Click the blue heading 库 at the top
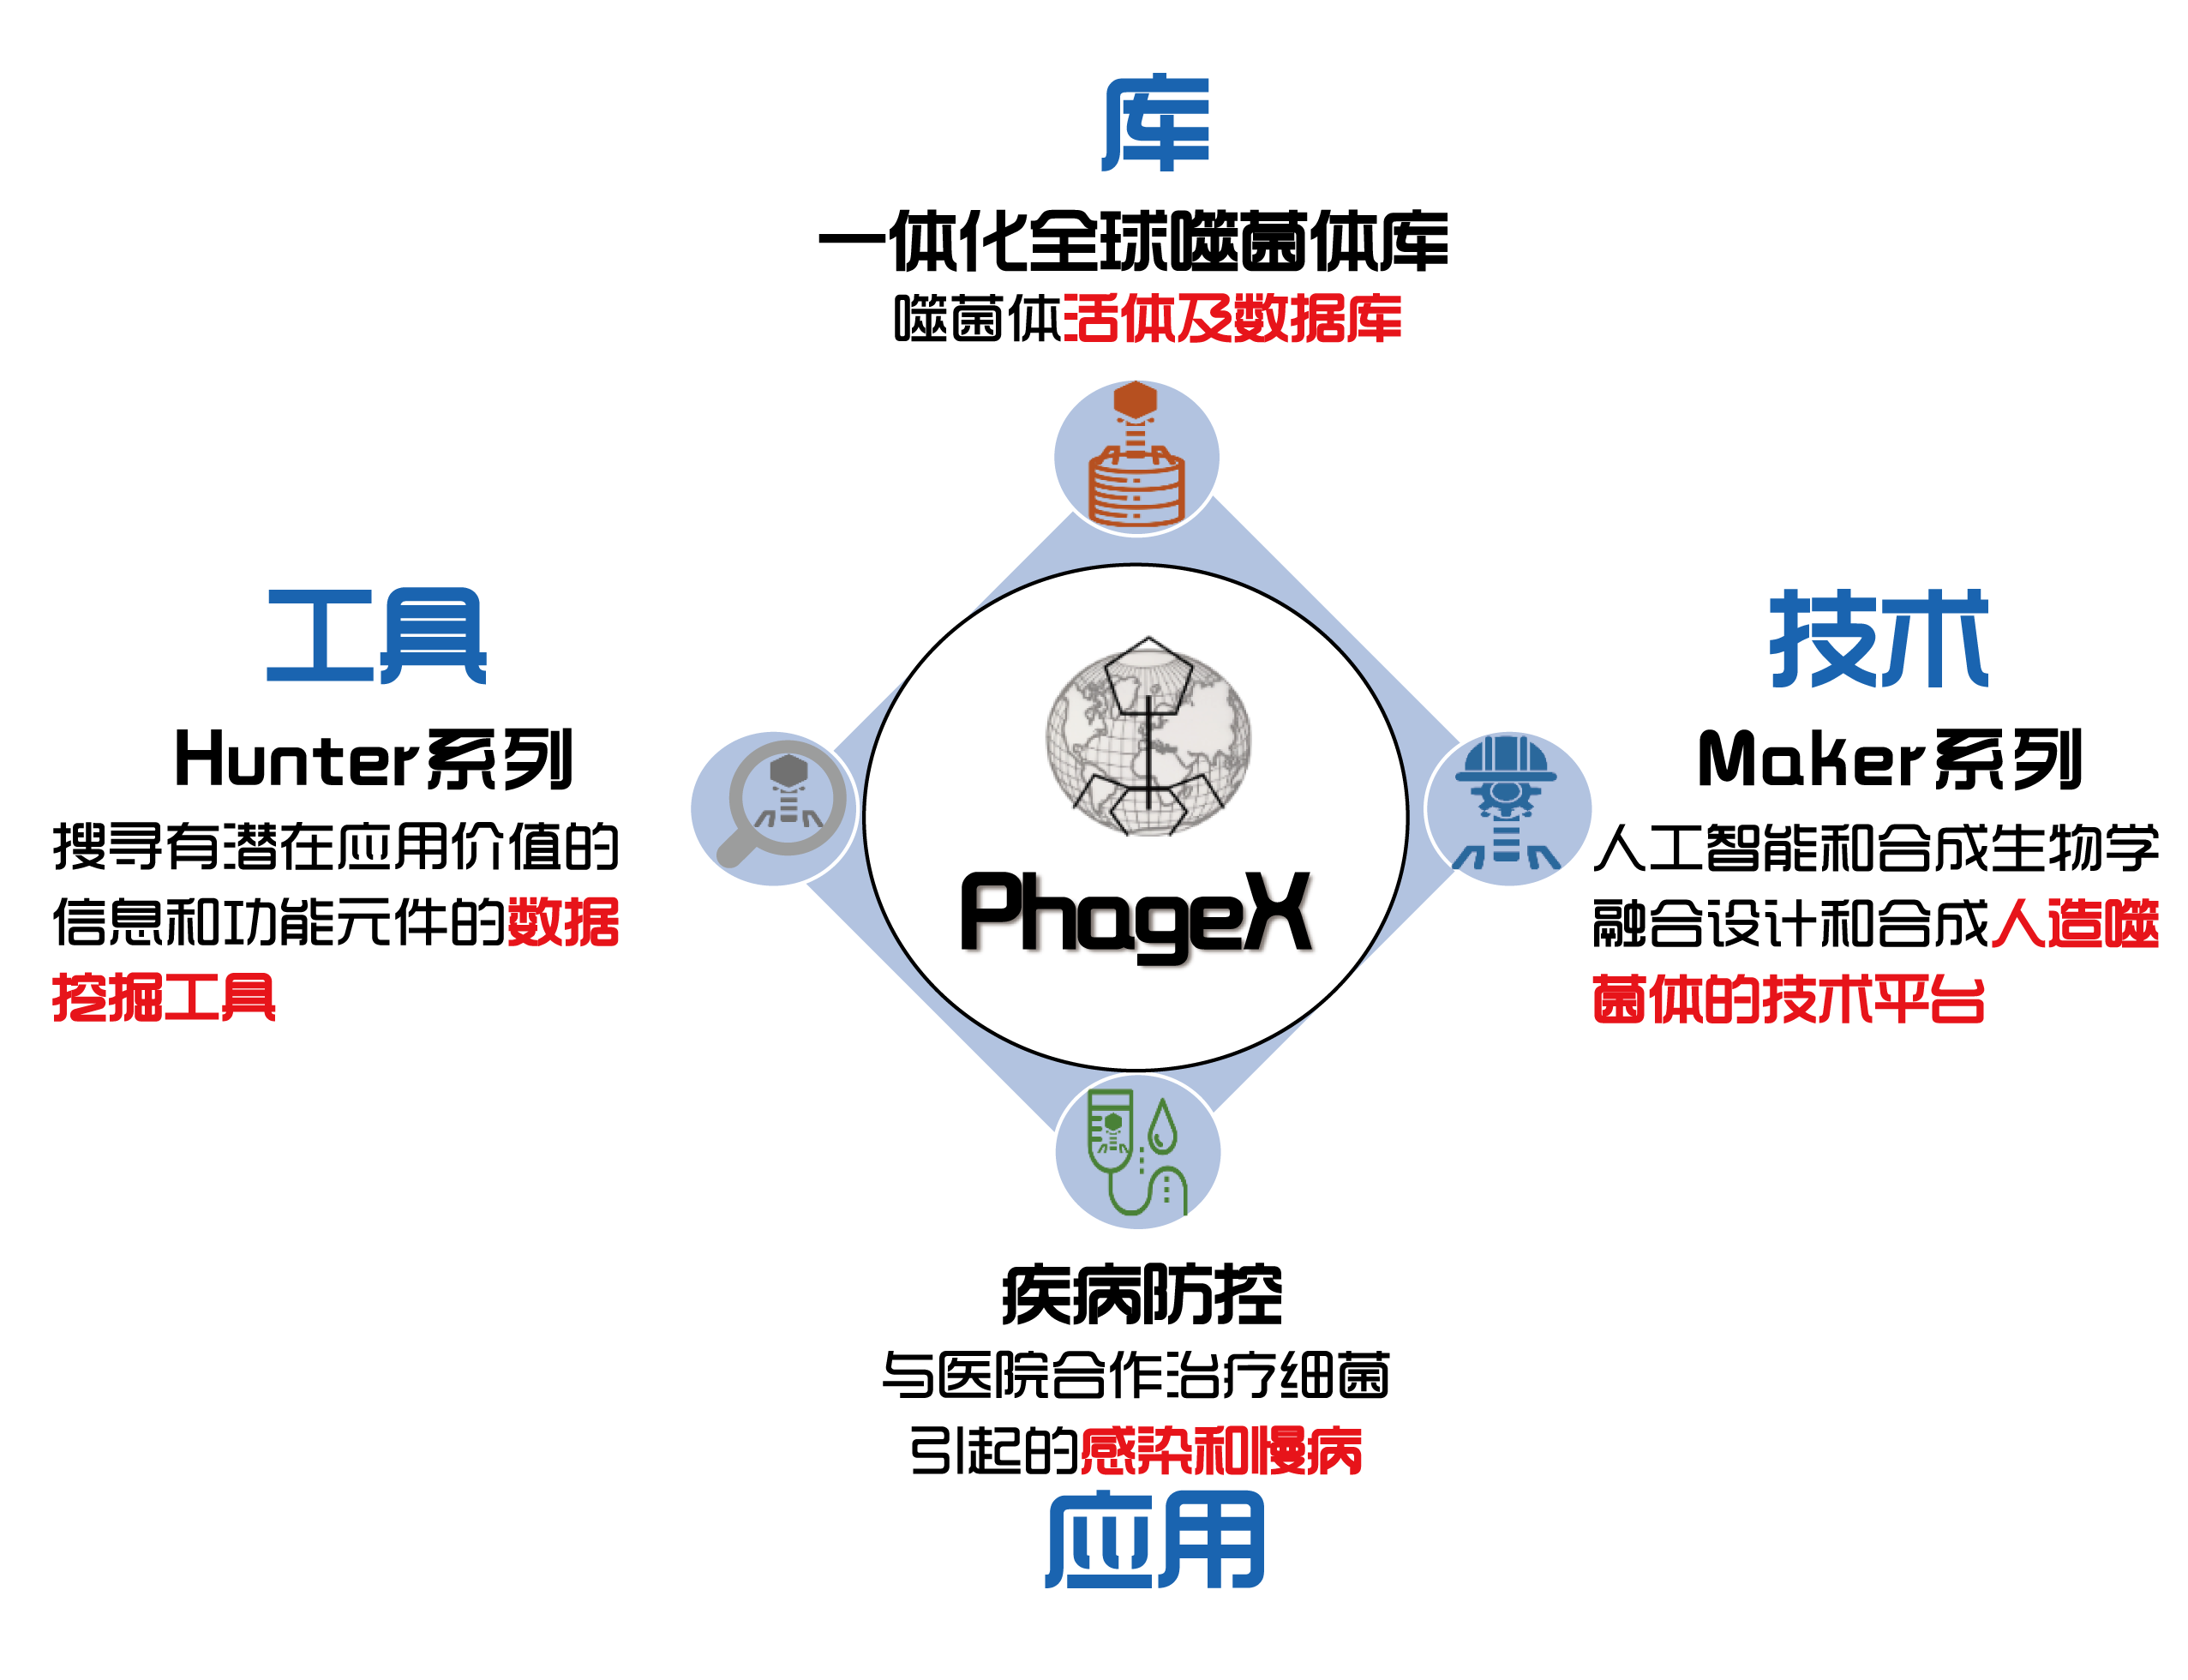(1156, 122)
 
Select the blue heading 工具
(376, 636)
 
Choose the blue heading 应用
(1155, 1540)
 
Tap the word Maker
(1811, 759)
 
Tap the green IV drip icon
(1137, 1152)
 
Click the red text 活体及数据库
(1232, 319)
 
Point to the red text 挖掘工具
(164, 997)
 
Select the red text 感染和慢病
(1221, 1451)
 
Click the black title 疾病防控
(1142, 1295)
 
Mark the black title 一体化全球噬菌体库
(1133, 241)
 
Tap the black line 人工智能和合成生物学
(1876, 848)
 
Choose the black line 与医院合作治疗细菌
(1135, 1375)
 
